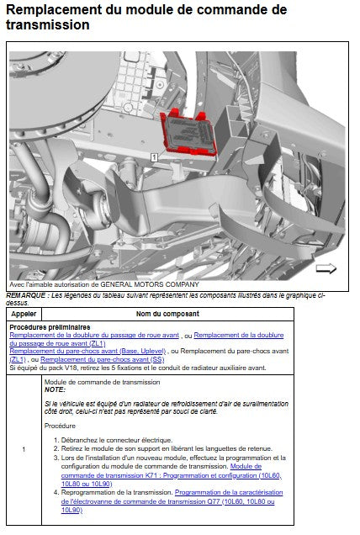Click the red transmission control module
(188, 133)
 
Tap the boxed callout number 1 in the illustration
(154, 157)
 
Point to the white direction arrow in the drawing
(326, 268)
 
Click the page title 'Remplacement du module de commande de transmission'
(146, 17)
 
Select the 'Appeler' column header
(24, 314)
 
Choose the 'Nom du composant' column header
(167, 314)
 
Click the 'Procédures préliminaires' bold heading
(50, 327)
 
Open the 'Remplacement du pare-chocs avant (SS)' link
(103, 359)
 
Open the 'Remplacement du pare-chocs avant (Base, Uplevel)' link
(87, 351)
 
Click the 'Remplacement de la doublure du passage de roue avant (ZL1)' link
(146, 339)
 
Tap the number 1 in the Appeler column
(24, 449)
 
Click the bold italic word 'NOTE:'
(55, 389)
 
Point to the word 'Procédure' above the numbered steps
(60, 426)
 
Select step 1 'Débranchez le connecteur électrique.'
(117, 440)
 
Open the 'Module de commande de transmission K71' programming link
(172, 475)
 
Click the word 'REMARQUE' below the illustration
(25, 295)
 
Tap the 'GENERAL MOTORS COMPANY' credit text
(150, 284)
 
